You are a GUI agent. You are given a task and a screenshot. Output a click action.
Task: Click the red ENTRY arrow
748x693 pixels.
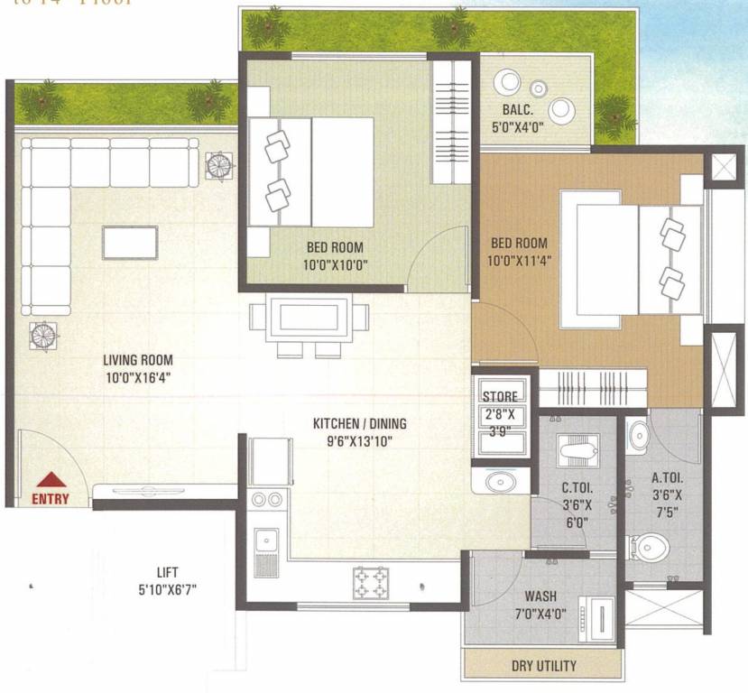pos(51,481)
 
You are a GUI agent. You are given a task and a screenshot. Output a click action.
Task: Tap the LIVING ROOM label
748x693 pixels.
pos(137,360)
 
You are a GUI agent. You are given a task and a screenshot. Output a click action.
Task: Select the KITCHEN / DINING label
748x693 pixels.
pos(359,423)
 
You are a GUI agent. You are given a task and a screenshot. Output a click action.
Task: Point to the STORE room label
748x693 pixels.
pos(500,396)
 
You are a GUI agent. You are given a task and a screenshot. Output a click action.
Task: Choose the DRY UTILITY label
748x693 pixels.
pos(543,666)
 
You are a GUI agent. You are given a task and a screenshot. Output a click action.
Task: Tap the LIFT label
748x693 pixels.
pos(167,572)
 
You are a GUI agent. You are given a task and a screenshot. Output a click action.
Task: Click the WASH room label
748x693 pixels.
pos(540,596)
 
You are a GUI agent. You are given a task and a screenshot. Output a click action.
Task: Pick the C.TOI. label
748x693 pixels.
pos(576,490)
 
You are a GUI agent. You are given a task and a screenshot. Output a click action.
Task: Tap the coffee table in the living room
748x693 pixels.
pos(130,242)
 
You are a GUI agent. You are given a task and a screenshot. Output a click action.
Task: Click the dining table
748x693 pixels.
pos(309,319)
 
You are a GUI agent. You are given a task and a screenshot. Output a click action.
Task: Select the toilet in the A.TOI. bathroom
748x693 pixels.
pos(649,546)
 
